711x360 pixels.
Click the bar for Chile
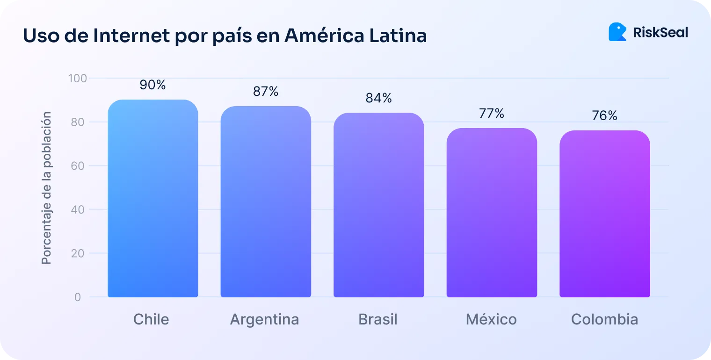(x=153, y=199)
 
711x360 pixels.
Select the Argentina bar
(x=266, y=202)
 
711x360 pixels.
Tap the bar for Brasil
(x=379, y=205)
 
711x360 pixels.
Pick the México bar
(x=492, y=213)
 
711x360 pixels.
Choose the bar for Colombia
(x=605, y=214)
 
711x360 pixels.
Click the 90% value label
(x=153, y=85)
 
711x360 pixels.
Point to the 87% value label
(x=266, y=92)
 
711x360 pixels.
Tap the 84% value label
(x=379, y=98)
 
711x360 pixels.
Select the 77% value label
(x=492, y=113)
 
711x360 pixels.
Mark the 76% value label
(x=605, y=115)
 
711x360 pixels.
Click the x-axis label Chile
(x=151, y=319)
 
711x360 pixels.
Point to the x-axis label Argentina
(x=264, y=319)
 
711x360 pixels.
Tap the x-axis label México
(x=491, y=319)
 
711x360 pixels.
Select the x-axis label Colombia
(x=604, y=319)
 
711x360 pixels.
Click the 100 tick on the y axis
(x=78, y=78)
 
